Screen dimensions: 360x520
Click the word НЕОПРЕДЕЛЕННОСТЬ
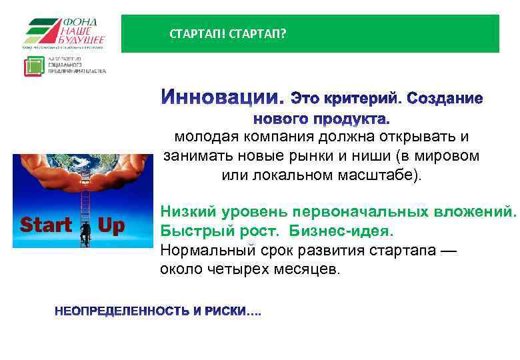click(123, 312)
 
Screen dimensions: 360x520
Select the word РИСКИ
click(225, 312)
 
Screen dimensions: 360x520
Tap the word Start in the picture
click(45, 226)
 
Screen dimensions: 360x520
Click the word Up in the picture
click(111, 226)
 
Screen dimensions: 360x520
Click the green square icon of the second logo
click(34, 67)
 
